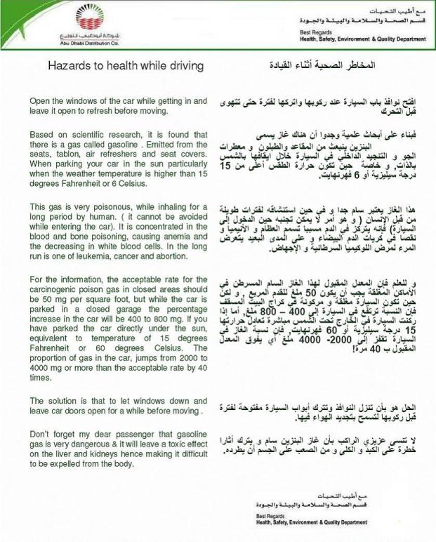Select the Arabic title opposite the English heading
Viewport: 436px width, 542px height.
[319, 67]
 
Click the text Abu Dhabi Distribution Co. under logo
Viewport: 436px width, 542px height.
[85, 42]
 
